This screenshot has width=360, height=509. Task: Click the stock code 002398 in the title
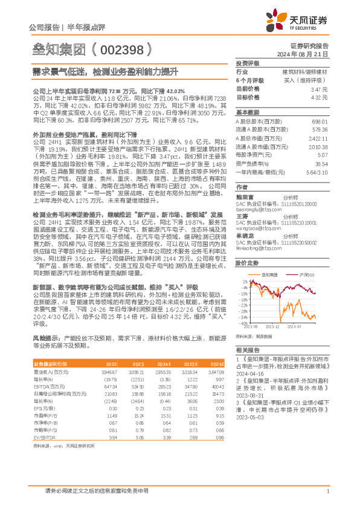tap(123, 47)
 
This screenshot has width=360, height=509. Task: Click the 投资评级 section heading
tap(247, 63)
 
